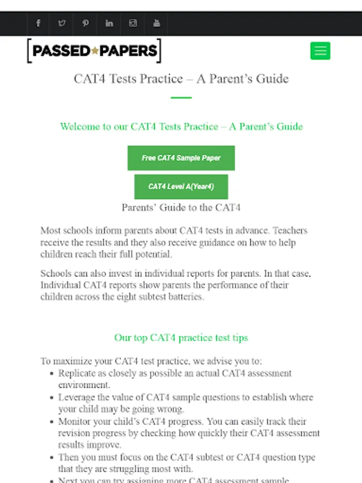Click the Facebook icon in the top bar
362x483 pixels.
pos(38,24)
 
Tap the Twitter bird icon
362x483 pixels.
pos(62,24)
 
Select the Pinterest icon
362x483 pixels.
pos(86,24)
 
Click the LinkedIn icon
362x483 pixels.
pos(109,24)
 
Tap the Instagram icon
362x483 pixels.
pos(133,24)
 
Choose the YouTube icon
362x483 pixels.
pos(157,24)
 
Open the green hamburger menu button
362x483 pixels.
pos(320,51)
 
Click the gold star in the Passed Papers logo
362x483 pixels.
pos(95,52)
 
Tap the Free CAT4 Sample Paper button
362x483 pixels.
pos(181,158)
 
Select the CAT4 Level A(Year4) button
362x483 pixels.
pos(181,187)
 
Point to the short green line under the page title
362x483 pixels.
pos(181,98)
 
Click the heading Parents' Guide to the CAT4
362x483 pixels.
pos(181,208)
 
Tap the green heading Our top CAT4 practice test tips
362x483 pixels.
pos(181,338)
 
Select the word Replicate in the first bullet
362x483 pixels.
pos(78,373)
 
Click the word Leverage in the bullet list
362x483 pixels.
pos(77,398)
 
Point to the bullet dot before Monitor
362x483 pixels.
pos(51,422)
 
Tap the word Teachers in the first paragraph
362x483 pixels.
pos(290,231)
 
